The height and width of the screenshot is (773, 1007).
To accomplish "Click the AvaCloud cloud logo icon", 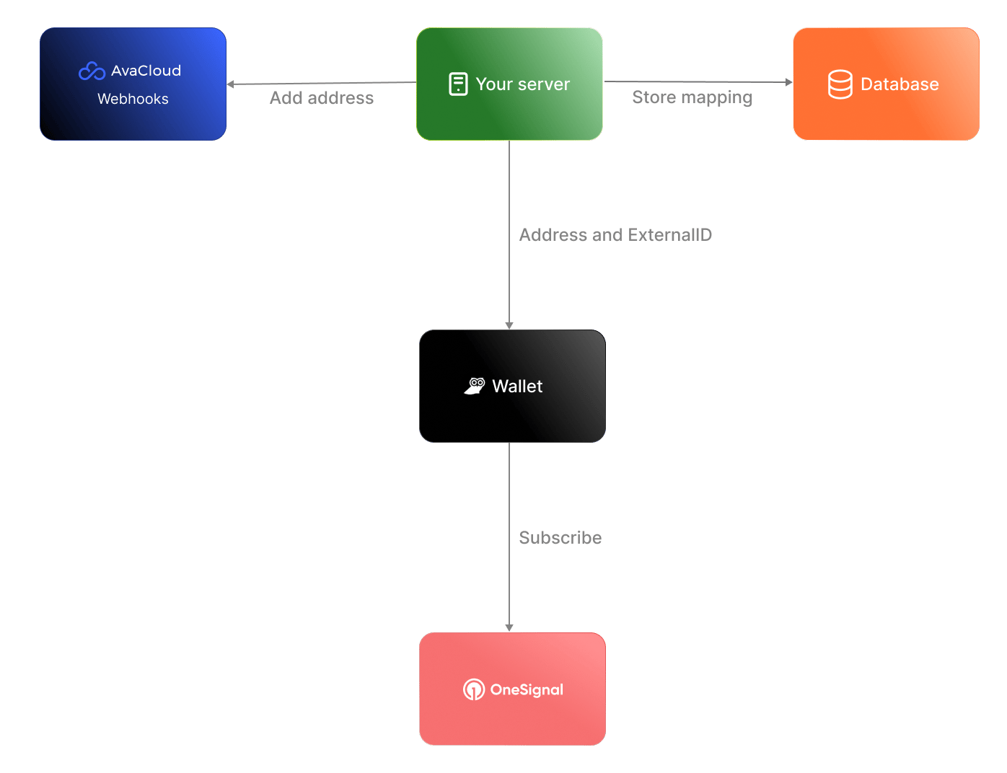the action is pyautogui.click(x=92, y=71).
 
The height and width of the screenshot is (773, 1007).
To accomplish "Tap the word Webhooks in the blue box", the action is pyautogui.click(x=133, y=99).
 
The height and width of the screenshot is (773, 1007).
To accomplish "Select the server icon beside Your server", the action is pyautogui.click(x=458, y=84).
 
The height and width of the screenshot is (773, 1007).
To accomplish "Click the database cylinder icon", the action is pyautogui.click(x=840, y=84).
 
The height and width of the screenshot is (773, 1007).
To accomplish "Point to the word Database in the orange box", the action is pyautogui.click(x=900, y=84).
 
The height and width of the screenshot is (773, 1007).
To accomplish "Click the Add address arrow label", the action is pyautogui.click(x=322, y=98).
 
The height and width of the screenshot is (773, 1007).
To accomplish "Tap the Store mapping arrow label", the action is pyautogui.click(x=692, y=98).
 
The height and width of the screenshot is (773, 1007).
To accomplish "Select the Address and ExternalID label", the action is pyautogui.click(x=615, y=235).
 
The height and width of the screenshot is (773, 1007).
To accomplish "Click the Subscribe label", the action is pyautogui.click(x=560, y=538).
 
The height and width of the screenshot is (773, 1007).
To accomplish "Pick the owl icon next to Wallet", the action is pyautogui.click(x=474, y=386).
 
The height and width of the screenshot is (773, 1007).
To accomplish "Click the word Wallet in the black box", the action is pyautogui.click(x=517, y=386).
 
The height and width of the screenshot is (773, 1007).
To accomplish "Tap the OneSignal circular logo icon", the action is pyautogui.click(x=474, y=689).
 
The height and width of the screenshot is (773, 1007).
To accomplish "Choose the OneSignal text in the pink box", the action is pyautogui.click(x=527, y=689).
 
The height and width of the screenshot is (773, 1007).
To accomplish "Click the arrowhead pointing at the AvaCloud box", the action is pyautogui.click(x=230, y=84).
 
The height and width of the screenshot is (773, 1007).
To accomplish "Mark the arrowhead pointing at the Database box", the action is pyautogui.click(x=788, y=82).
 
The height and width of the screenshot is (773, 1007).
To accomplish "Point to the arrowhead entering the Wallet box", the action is pyautogui.click(x=509, y=326).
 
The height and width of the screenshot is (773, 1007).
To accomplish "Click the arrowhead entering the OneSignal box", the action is pyautogui.click(x=509, y=627).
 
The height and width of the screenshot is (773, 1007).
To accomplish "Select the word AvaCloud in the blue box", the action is pyautogui.click(x=146, y=71).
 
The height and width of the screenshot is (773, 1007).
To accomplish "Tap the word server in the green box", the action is pyautogui.click(x=544, y=84).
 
